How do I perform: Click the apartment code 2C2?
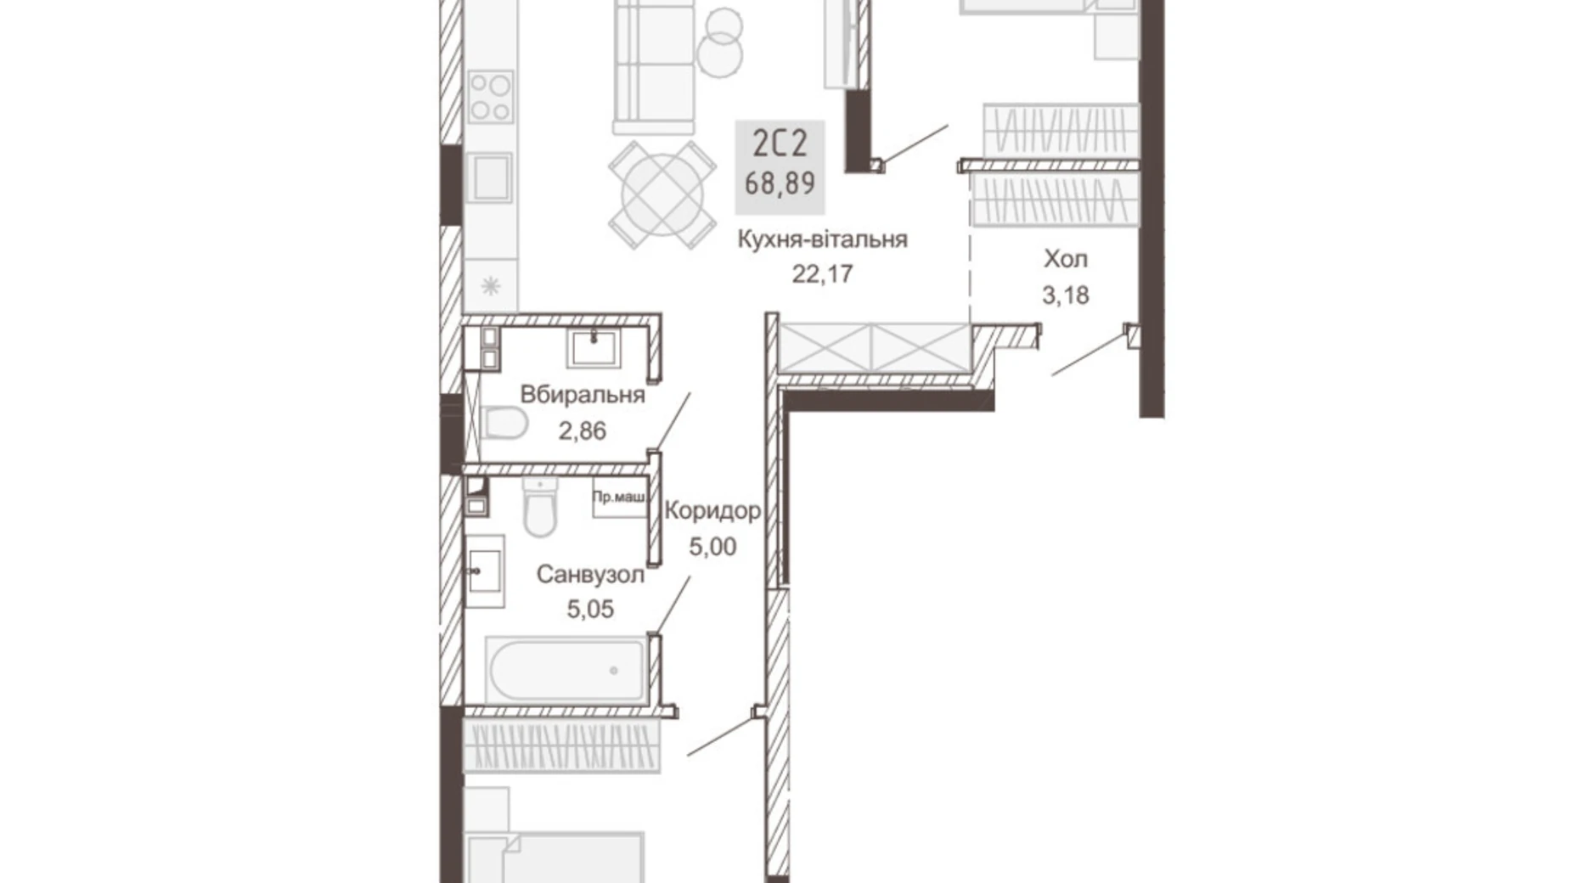(x=780, y=143)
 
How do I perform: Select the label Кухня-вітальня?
(x=822, y=239)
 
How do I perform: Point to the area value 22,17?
(x=822, y=274)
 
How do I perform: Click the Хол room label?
(x=1066, y=259)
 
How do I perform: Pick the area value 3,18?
(x=1066, y=295)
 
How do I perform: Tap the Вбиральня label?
(x=583, y=395)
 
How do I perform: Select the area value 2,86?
(x=583, y=431)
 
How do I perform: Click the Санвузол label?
(x=590, y=575)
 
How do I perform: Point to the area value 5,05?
(x=590, y=609)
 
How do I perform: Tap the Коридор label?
(x=712, y=510)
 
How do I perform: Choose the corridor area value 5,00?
(x=712, y=547)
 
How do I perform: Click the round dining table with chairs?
(x=662, y=195)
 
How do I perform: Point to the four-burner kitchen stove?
(x=491, y=97)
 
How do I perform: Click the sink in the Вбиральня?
(x=594, y=347)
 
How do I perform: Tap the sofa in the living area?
(x=654, y=68)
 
